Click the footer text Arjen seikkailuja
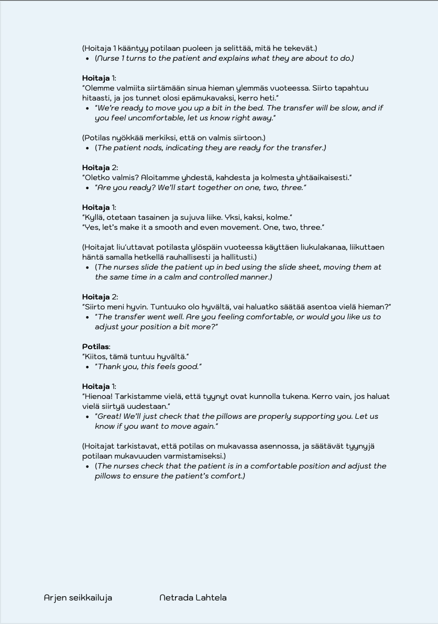[78, 598]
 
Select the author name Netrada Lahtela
[193, 598]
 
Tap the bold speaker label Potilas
[95, 347]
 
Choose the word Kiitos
[95, 356]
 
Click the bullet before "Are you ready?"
[87, 187]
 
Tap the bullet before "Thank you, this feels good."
[87, 366]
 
